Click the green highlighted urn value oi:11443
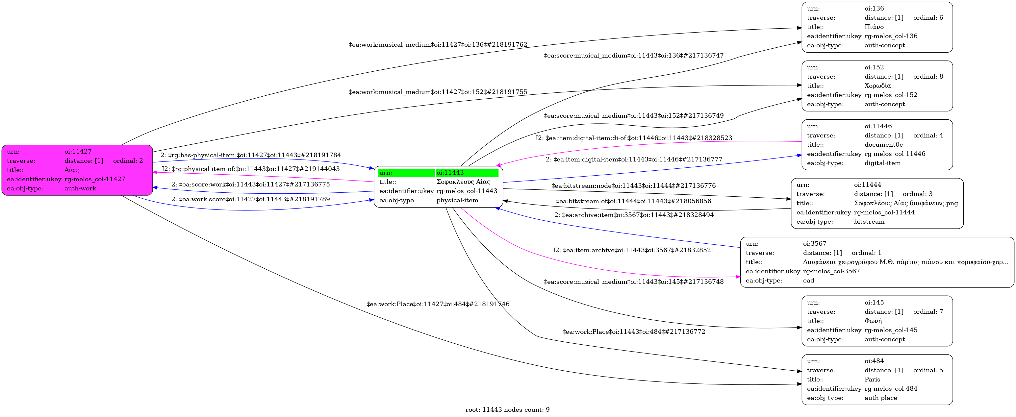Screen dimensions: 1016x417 tap(450, 173)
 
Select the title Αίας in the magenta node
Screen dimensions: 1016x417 tap(71, 170)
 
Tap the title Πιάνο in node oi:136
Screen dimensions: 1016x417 tap(874, 27)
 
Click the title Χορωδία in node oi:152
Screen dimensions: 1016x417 tap(877, 86)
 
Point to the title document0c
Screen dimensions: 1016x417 tap(883, 145)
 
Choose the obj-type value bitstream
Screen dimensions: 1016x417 tap(869, 222)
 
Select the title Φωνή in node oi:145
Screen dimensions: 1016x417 tap(873, 321)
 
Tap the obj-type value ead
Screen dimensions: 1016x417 tap(808, 280)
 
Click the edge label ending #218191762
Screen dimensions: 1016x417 tap(438, 44)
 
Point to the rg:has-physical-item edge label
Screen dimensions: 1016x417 tap(251, 155)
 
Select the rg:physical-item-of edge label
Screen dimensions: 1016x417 tap(251, 169)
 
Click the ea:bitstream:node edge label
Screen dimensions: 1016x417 tap(633, 185)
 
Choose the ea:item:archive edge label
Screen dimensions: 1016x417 tap(634, 250)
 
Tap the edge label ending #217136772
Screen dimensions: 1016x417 tap(634, 331)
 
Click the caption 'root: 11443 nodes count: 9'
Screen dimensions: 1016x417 tap(508, 409)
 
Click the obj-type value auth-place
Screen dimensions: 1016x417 tap(881, 398)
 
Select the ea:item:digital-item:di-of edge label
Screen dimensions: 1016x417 tap(634, 138)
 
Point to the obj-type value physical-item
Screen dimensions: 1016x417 tap(457, 200)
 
